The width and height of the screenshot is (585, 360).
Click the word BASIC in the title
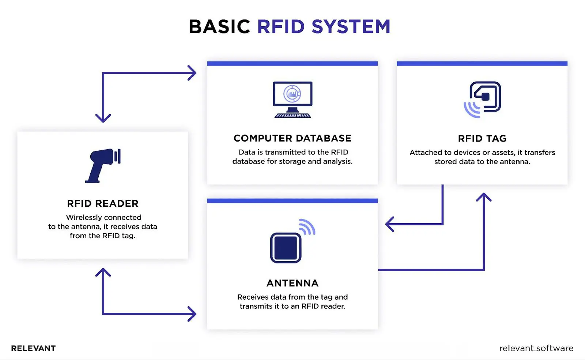[x=219, y=27]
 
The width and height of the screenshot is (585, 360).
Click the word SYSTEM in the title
[x=351, y=27]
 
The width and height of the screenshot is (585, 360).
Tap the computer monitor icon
[x=292, y=94]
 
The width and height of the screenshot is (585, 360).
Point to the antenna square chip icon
[x=286, y=248]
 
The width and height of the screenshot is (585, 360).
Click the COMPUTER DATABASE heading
[x=292, y=138]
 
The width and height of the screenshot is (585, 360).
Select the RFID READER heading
[x=103, y=203]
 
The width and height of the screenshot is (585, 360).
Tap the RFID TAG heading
[x=482, y=139]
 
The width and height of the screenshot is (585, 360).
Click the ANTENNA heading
[x=292, y=283]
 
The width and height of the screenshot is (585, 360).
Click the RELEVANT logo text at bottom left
[x=33, y=348]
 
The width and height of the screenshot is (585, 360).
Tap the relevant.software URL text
[x=536, y=348]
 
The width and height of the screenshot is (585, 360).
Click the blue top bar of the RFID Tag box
[x=482, y=64]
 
